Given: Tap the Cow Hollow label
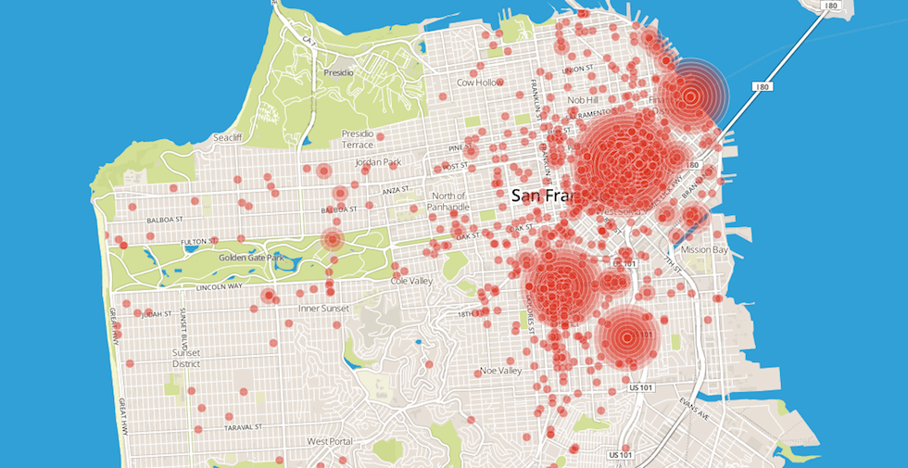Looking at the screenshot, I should pos(480,82).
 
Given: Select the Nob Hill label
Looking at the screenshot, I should pos(584,100).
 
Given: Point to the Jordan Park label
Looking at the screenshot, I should pos(378,162).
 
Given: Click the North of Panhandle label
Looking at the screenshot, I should pos(448,200).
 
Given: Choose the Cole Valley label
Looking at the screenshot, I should pos(411,280).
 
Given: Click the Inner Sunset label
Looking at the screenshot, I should pos(322,308).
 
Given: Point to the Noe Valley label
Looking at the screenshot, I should pos(501,371).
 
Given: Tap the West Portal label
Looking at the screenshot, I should pos(331,441).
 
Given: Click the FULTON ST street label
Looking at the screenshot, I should pos(197,241).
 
